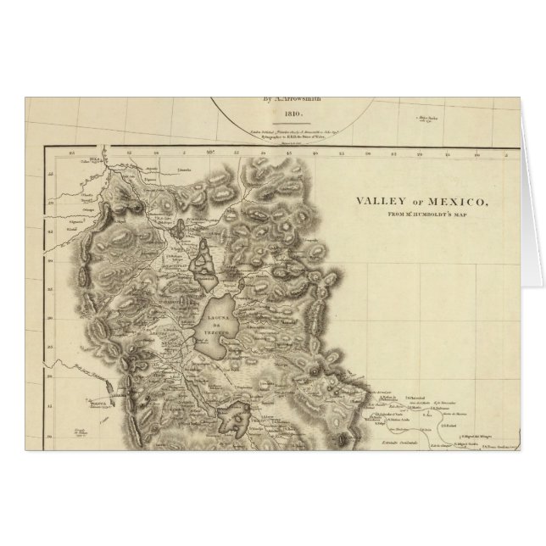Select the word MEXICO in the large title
pos(454,202)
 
